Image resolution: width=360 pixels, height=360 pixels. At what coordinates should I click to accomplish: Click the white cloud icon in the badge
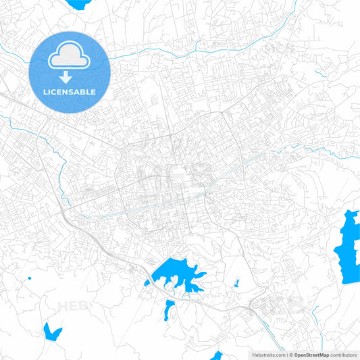pyautogui.click(x=70, y=55)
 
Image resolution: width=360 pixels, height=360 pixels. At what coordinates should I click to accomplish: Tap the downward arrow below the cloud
pyautogui.click(x=70, y=78)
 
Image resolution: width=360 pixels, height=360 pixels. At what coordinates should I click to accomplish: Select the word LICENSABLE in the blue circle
pyautogui.click(x=70, y=91)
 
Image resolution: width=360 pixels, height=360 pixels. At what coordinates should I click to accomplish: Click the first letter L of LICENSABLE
pyautogui.click(x=45, y=91)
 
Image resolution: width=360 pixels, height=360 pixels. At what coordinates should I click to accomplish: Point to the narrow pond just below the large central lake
pyautogui.click(x=169, y=309)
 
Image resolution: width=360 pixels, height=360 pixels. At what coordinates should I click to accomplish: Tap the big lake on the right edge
pyautogui.click(x=348, y=247)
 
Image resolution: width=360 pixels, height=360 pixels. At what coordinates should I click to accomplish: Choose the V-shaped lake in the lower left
pyautogui.click(x=51, y=332)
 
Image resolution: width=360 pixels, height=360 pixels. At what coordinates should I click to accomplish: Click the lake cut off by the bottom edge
pyautogui.click(x=216, y=355)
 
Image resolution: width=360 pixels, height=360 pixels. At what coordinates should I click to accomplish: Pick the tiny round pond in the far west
pyautogui.click(x=30, y=278)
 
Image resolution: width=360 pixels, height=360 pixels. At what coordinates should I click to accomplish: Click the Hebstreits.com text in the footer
pyautogui.click(x=267, y=354)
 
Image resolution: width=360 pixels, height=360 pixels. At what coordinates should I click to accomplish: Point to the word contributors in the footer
pyautogui.click(x=344, y=354)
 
